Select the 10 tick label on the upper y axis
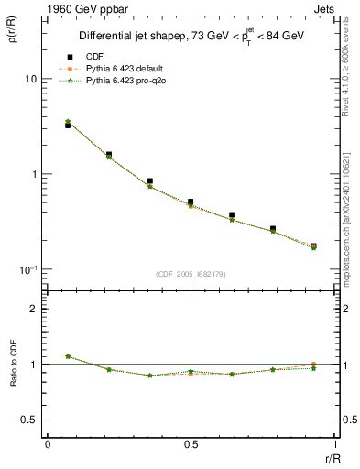coord(30,80)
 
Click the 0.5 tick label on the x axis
coord(191,443)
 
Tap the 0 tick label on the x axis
coord(48,443)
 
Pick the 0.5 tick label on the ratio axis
coord(28,420)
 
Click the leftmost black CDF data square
coord(68,125)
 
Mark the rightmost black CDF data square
coord(313,246)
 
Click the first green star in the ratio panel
coord(68,356)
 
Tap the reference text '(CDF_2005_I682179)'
coord(191,274)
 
